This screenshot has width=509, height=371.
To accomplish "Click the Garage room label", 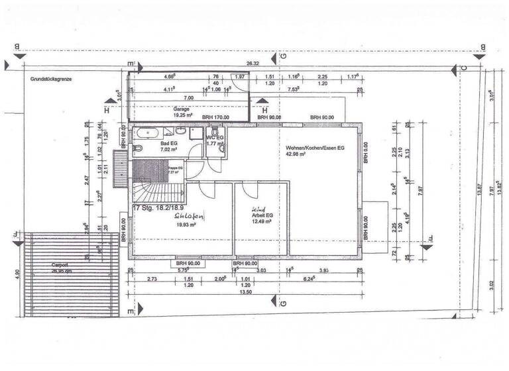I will coord(182,108).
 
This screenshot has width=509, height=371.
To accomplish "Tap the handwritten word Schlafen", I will coord(188,216).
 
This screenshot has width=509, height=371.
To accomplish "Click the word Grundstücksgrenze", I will coord(50,79).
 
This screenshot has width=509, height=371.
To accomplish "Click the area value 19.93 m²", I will coord(184,224).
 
